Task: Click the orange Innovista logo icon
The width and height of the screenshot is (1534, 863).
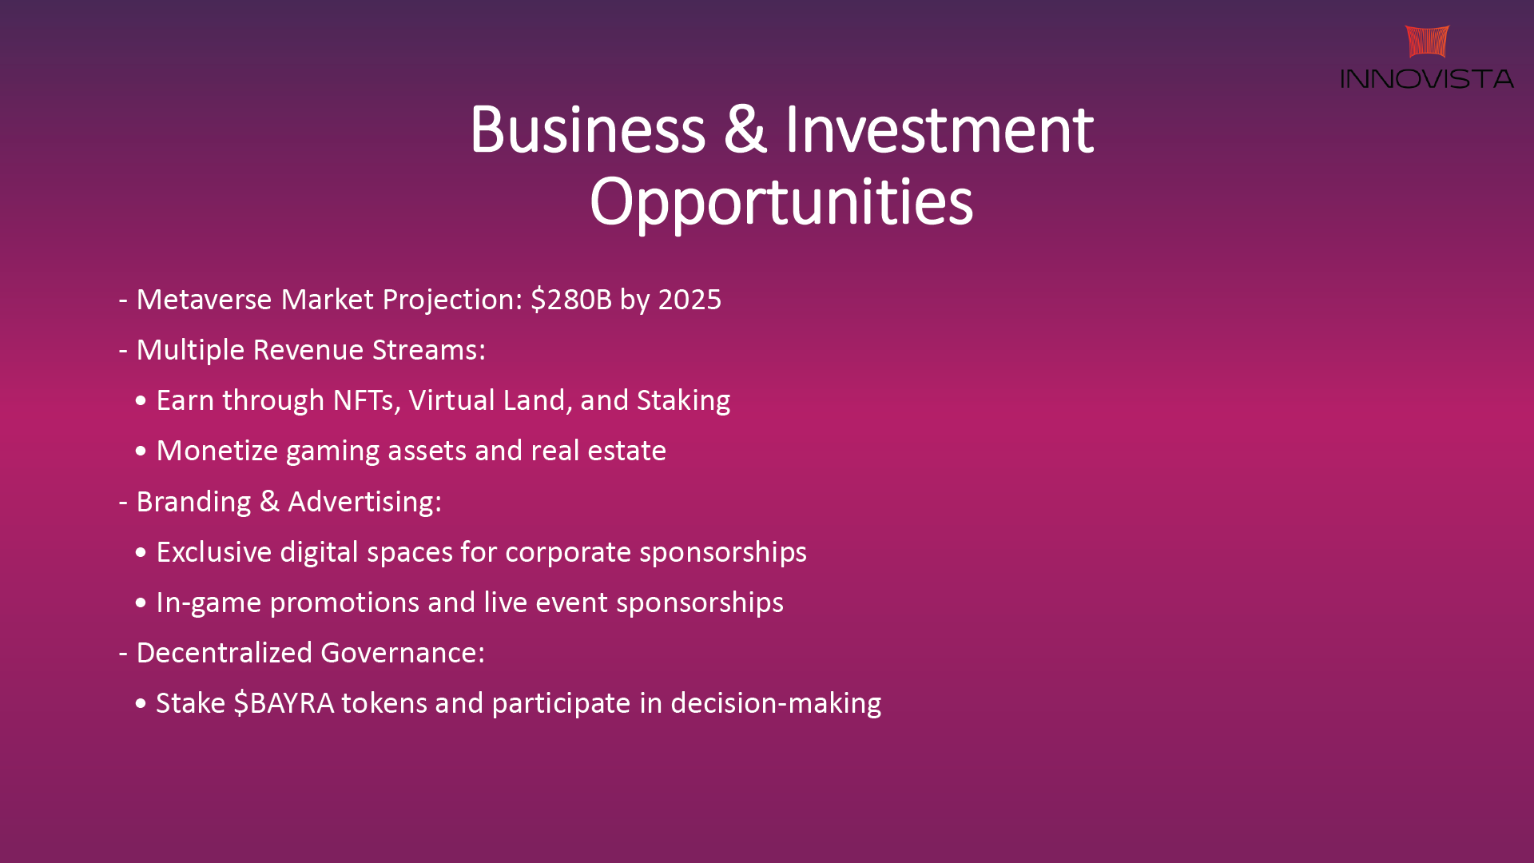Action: pyautogui.click(x=1427, y=42)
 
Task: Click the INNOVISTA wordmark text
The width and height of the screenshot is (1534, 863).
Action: pyautogui.click(x=1427, y=78)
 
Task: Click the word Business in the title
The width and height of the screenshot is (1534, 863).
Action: pyautogui.click(x=588, y=129)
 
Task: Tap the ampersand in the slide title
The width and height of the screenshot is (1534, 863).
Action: pyautogui.click(x=745, y=129)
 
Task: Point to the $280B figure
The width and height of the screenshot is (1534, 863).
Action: pyautogui.click(x=571, y=300)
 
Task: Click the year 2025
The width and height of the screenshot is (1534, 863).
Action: pyautogui.click(x=690, y=300)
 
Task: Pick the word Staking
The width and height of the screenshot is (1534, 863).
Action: pyautogui.click(x=684, y=401)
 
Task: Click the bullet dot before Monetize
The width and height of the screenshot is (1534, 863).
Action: pyautogui.click(x=141, y=451)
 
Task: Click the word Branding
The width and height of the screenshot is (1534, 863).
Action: pyautogui.click(x=194, y=503)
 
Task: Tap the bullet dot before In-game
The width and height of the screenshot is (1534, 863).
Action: pyautogui.click(x=141, y=603)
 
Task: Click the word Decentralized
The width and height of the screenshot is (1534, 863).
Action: pyautogui.click(x=225, y=653)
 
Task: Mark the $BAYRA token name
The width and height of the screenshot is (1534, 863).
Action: pyautogui.click(x=284, y=703)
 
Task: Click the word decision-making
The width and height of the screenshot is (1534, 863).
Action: pyautogui.click(x=776, y=704)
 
